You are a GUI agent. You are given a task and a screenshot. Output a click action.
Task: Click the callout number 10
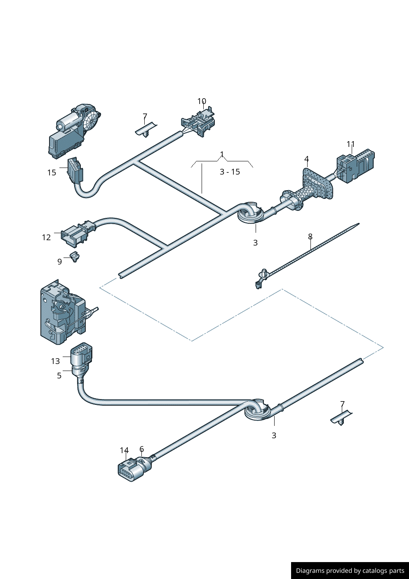(202, 102)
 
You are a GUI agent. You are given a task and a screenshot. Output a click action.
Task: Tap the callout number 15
(52, 173)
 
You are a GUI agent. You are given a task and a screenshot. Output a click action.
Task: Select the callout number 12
(46, 237)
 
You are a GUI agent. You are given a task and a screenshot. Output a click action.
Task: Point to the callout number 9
(59, 262)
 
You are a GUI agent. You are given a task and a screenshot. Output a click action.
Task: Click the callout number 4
(306, 159)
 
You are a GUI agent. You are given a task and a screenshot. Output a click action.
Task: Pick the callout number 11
(350, 144)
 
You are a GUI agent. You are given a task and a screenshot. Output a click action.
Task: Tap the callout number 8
(310, 236)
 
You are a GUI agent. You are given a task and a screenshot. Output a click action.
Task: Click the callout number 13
(55, 361)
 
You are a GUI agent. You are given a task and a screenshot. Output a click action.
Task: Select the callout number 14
(124, 450)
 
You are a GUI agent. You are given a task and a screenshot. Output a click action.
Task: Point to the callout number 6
(141, 449)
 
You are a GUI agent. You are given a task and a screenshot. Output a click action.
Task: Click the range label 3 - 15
(230, 172)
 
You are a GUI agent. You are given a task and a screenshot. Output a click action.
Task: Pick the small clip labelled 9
(75, 257)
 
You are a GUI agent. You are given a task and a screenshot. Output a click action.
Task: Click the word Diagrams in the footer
(310, 571)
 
